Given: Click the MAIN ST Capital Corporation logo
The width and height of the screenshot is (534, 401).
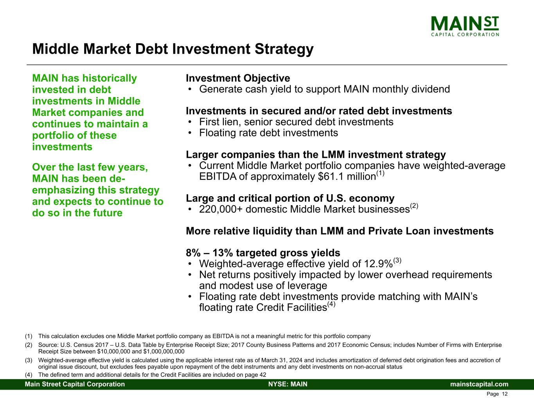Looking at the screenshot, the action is [465, 26].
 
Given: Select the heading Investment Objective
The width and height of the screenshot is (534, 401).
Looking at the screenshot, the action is [238, 78].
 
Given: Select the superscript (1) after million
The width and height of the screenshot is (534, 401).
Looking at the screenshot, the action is [380, 173].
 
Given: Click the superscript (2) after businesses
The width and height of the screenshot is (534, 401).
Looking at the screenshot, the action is [414, 206].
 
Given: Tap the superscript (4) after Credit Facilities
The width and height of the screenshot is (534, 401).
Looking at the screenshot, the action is [331, 304].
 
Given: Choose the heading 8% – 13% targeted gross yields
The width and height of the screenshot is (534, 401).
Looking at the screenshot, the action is [263, 253].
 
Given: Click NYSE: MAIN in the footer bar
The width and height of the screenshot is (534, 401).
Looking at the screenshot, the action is [288, 384].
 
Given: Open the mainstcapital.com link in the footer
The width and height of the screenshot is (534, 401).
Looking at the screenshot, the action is [479, 384].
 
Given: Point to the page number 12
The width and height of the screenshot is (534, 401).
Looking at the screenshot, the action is [505, 394].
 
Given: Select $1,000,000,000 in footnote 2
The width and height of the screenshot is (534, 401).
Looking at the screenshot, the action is [164, 352].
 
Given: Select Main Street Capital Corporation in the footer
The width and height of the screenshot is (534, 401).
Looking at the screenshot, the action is [75, 384].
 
